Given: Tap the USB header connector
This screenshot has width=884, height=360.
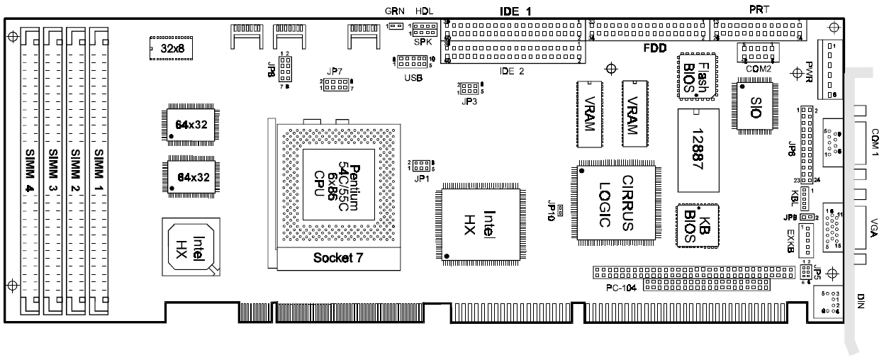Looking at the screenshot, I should [412, 62].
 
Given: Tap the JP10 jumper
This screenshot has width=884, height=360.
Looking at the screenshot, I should [560, 210].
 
